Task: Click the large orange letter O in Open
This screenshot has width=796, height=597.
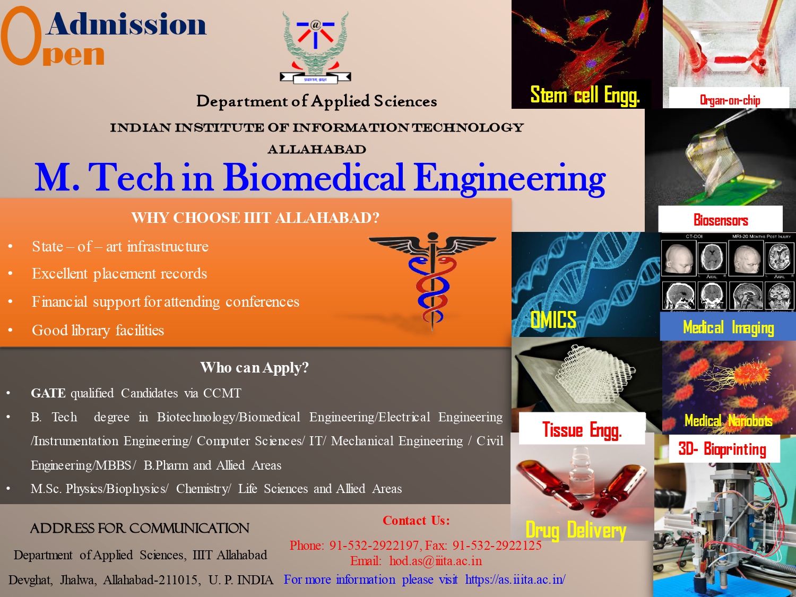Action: [x=21, y=36]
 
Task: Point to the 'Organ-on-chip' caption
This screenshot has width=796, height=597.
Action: [x=730, y=100]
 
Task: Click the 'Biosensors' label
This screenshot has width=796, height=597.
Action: [x=720, y=220]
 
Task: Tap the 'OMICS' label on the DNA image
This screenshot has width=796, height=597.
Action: [x=553, y=320]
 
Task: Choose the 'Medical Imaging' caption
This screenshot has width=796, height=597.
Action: [x=728, y=327]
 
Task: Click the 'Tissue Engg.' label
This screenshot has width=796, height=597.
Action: [x=582, y=429]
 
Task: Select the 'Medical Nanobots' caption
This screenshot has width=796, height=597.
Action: [x=728, y=421]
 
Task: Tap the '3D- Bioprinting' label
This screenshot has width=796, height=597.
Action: [x=722, y=449]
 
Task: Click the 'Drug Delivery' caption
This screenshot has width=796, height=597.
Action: [x=576, y=530]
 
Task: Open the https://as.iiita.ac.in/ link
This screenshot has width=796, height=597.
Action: [x=515, y=579]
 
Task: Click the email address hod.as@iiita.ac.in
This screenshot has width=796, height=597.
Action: [x=435, y=561]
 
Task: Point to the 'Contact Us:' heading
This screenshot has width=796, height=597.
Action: [x=416, y=521]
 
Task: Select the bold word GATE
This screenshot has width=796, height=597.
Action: [x=48, y=393]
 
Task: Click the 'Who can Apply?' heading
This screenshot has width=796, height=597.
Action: [x=254, y=367]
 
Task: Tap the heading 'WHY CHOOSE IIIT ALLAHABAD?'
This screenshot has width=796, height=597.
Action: [x=255, y=218]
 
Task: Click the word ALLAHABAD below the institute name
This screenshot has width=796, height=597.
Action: [x=317, y=150]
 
